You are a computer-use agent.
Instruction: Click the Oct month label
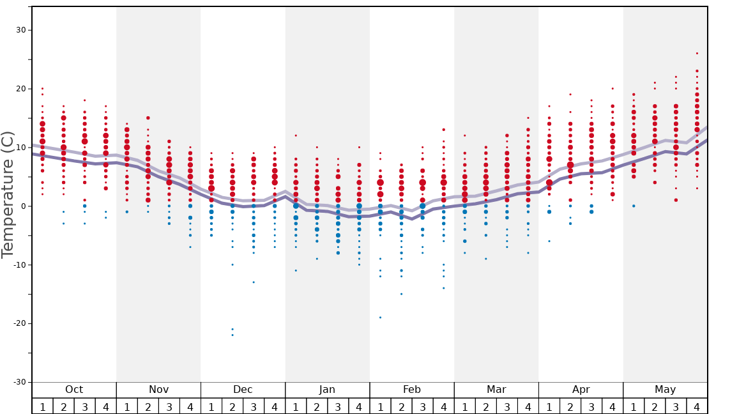(x=74, y=390)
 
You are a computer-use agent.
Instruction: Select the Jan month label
(x=327, y=390)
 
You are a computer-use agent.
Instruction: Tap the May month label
(x=665, y=390)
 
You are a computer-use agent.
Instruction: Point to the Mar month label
(x=496, y=390)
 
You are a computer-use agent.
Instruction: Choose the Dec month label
(x=243, y=390)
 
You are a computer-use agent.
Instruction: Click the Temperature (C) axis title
(x=8, y=195)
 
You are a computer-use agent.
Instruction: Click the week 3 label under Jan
(x=338, y=406)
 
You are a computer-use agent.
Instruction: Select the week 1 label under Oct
(x=42, y=406)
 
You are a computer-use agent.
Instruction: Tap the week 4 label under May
(x=697, y=406)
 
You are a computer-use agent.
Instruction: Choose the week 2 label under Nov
(x=148, y=406)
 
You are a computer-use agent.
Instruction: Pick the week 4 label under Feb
(x=444, y=406)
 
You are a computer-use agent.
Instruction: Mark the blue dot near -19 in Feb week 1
(x=380, y=318)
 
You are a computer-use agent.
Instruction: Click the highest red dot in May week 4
(x=697, y=53)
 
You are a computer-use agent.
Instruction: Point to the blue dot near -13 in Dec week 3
(x=254, y=282)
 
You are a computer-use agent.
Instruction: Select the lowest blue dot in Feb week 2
(x=401, y=294)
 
